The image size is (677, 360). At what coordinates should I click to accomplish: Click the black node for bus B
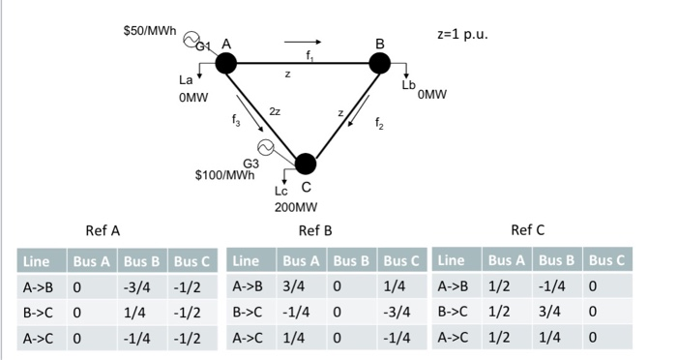[x=380, y=63]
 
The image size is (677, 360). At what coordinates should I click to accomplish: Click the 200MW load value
[x=295, y=206]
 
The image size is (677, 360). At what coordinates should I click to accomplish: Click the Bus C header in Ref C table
[x=607, y=260]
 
